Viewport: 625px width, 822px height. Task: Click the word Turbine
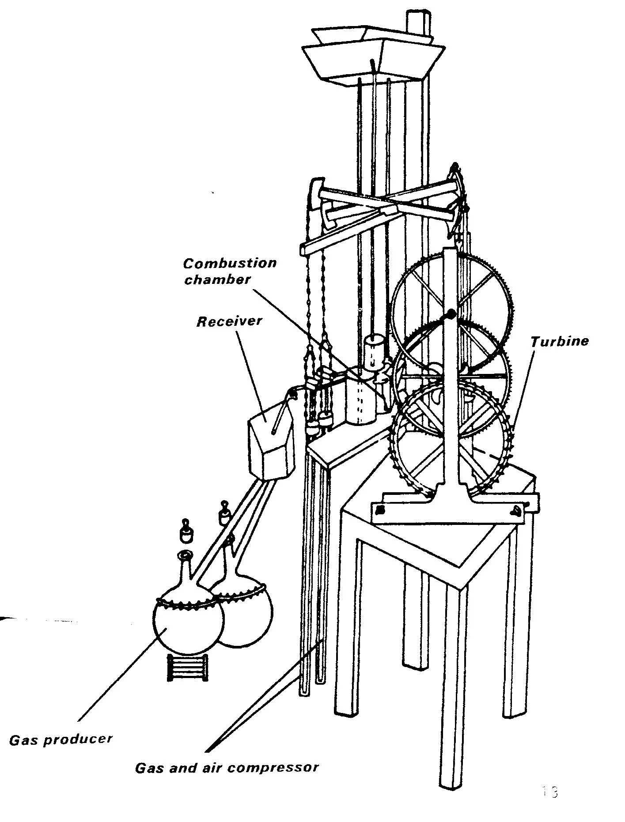(x=559, y=341)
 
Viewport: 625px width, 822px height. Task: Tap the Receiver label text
(x=229, y=321)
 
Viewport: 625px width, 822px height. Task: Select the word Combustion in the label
(x=230, y=264)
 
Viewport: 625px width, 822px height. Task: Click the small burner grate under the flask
(x=187, y=667)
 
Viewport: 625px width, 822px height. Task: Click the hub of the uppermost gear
(x=451, y=314)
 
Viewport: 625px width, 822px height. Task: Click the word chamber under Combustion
(x=217, y=279)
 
